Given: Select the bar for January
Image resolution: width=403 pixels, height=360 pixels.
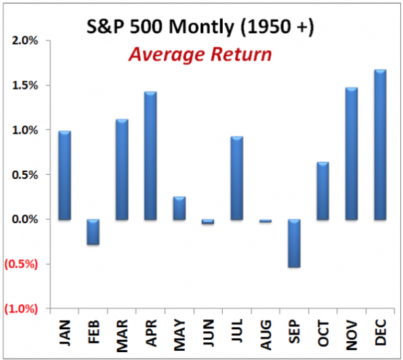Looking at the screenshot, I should (x=64, y=175).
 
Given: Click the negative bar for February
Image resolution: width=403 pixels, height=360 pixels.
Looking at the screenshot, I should (x=93, y=232).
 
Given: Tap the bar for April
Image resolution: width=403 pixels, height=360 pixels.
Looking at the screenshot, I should (x=150, y=156).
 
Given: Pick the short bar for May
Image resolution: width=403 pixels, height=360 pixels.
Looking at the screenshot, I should (x=179, y=208).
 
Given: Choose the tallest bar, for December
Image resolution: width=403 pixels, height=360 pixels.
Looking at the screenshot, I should (x=380, y=145).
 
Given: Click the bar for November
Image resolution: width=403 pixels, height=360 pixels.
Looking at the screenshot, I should (x=351, y=154).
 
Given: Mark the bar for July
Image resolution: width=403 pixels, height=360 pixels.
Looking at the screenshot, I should (x=237, y=178).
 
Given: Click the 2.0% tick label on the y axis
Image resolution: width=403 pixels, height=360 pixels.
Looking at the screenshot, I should (x=26, y=41).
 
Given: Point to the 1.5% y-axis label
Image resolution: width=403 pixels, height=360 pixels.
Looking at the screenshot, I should (x=26, y=85).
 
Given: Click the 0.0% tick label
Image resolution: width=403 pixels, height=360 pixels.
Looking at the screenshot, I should (x=26, y=219).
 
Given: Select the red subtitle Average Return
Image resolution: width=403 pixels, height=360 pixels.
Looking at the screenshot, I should (x=200, y=54).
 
